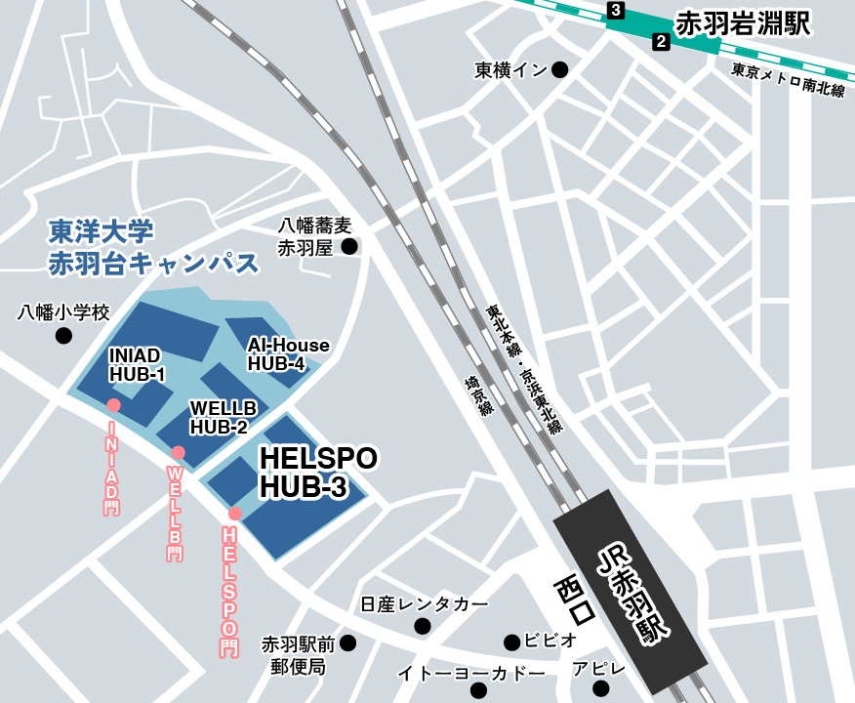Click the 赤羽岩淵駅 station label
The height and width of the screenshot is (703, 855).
pos(743,24)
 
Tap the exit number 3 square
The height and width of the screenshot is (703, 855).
pos(615,11)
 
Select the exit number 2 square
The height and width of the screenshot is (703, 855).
pos(661,41)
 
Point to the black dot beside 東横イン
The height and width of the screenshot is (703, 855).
pos(560,69)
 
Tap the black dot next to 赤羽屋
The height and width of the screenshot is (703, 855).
pos(349,247)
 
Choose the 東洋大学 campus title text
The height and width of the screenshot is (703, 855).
pos(102,231)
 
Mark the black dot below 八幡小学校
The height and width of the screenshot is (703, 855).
pos(63,336)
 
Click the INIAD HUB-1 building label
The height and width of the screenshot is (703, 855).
pos(137,364)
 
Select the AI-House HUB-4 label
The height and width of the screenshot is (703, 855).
pos(288,354)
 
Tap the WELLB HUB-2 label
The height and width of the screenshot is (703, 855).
pos(223,417)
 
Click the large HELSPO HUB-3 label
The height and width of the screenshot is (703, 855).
pos(317,473)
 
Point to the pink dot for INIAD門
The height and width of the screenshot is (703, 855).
pos(113,404)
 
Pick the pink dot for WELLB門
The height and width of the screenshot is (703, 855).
pos(178,452)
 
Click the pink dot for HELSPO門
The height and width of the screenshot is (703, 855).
pos(235,514)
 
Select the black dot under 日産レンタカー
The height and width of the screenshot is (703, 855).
pos(423,626)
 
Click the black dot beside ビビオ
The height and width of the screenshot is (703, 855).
pos(511,641)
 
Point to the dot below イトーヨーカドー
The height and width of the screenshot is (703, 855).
pos(478,691)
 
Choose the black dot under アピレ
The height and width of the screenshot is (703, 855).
pos(600,689)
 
